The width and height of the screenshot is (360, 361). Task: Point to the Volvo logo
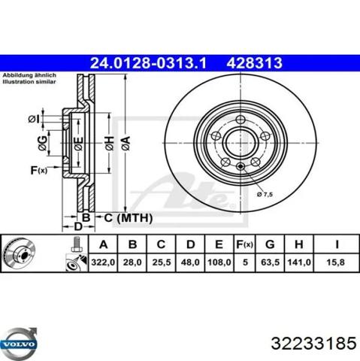tap(19, 342)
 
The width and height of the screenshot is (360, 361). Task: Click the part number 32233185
tap(308, 343)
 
